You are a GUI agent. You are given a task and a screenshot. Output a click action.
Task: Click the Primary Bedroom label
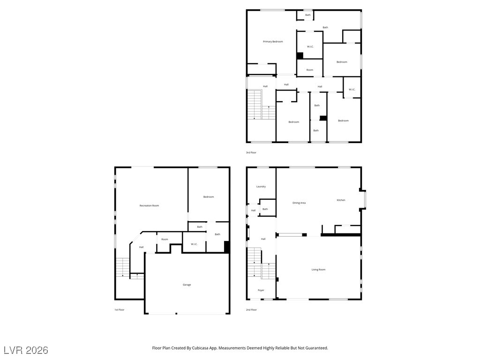[273, 42]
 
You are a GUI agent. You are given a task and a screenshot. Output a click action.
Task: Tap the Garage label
[187, 285]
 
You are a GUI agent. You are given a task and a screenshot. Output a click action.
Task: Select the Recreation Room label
[149, 206]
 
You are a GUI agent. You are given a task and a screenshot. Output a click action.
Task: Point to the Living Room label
[318, 270]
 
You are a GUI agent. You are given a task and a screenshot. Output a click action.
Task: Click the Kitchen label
[341, 200]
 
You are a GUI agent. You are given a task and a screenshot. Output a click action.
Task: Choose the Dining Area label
[299, 203]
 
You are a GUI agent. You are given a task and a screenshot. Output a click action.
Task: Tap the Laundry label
[261, 187]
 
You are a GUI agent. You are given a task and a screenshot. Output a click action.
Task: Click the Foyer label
[261, 290]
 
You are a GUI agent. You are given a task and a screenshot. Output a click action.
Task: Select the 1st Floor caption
[120, 310]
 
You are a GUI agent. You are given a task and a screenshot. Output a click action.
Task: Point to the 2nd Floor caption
[251, 310]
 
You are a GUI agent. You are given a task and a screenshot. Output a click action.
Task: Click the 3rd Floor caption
[251, 152]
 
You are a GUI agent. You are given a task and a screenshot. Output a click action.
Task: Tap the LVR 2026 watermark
[26, 350]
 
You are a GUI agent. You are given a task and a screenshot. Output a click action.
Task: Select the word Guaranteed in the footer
[316, 348]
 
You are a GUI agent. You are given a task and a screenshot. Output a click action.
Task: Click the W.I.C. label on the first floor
[194, 244]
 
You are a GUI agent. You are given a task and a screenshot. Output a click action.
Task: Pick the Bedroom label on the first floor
[209, 197]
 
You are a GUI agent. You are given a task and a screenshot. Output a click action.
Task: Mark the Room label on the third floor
[310, 70]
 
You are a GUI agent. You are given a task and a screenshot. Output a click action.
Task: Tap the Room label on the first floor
[165, 240]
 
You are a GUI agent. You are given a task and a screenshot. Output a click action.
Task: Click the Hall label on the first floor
[141, 247]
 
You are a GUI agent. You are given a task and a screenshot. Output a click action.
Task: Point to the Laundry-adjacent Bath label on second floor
[265, 209]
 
